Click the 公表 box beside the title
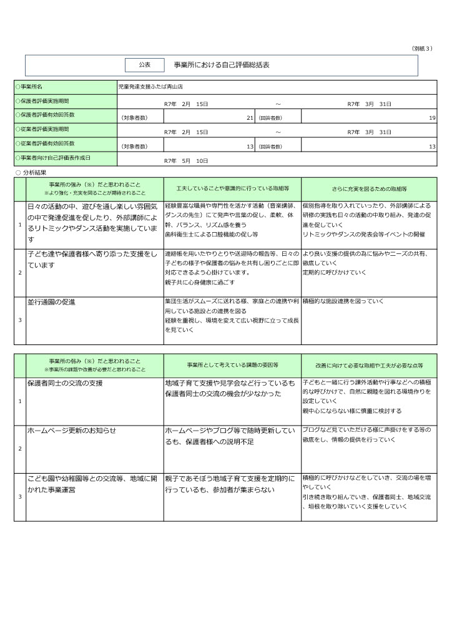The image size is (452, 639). coord(144,65)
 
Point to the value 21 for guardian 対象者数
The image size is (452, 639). coord(250,117)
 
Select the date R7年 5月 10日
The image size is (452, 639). coord(185,161)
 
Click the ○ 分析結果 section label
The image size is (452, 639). coord(31,172)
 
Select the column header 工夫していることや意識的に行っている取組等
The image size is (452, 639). coord(232,188)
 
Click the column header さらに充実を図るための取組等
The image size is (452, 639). coord(369,188)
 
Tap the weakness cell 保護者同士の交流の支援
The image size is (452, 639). coord(64,382)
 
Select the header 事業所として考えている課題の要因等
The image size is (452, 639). coord(232,364)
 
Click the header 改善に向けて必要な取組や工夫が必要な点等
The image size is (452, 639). coord(369,364)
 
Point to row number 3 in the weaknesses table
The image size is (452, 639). coord(20,497)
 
